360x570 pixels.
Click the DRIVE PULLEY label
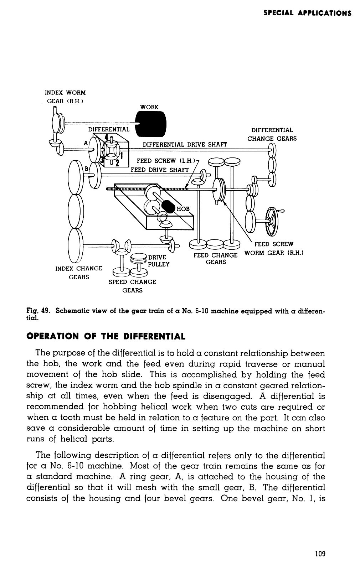159,261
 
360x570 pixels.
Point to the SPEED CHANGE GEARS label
132,286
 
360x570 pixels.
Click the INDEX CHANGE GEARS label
79,273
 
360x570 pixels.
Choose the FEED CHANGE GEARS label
216,259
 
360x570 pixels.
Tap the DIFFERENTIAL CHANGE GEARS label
272,134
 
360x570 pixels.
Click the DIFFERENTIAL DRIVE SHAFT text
185,144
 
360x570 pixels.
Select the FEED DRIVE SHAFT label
159,170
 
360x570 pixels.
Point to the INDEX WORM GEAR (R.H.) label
65,97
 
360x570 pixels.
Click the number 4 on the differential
107,137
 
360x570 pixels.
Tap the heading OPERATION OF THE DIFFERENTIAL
106,336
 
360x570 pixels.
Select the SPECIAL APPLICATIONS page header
307,13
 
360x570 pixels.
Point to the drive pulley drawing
138,259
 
